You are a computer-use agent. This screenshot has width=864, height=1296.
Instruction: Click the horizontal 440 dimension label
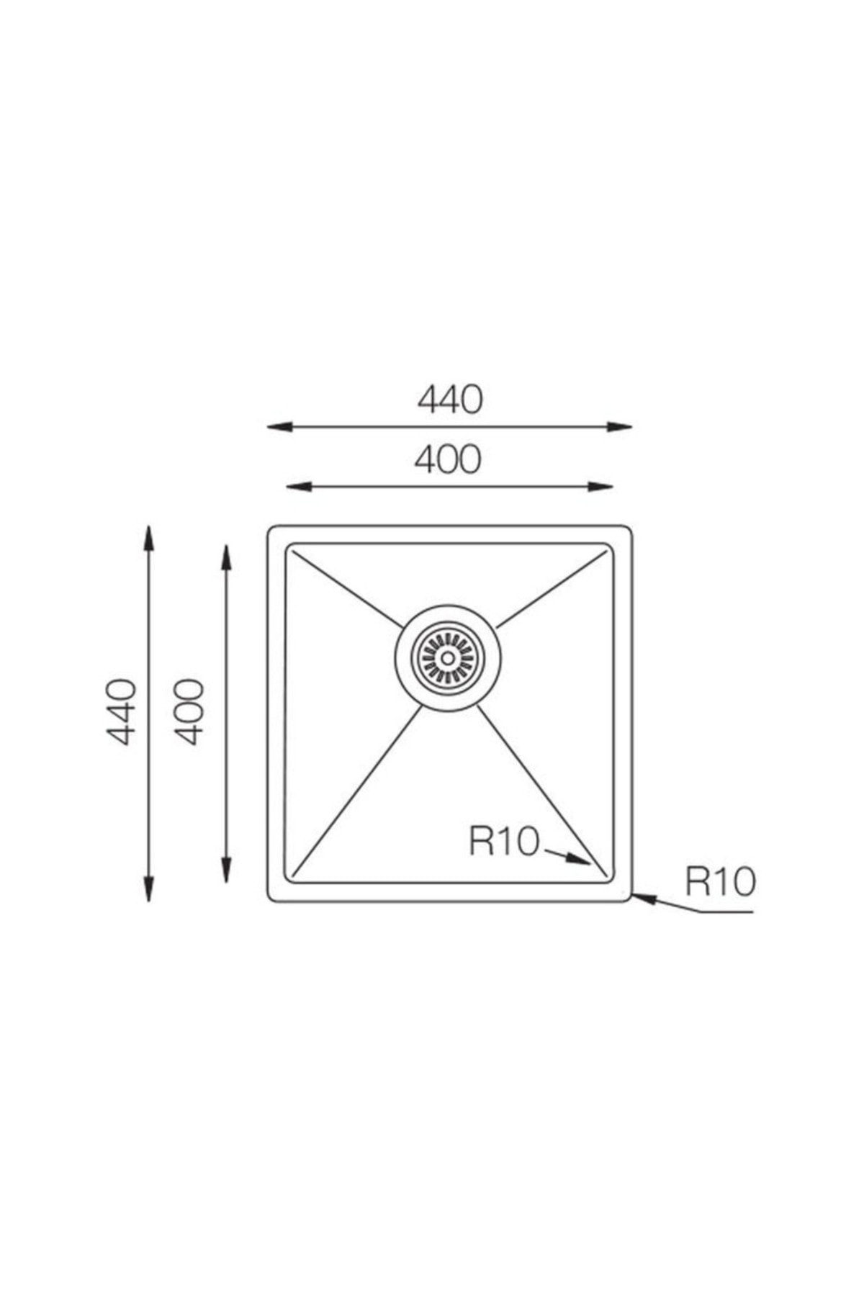[x=449, y=400]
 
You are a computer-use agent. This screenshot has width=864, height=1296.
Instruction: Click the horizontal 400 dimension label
[x=448, y=459]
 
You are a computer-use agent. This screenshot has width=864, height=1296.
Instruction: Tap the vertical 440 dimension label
[x=120, y=711]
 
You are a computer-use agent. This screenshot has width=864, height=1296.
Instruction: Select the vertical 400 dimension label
[x=189, y=711]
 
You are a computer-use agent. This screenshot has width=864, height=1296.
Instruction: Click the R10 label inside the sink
[x=503, y=840]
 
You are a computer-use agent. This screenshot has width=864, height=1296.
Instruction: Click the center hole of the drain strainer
[x=448, y=657]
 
